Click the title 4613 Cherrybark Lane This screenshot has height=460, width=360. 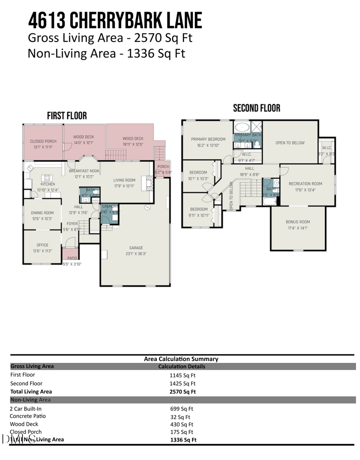115,21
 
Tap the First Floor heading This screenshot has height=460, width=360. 67,116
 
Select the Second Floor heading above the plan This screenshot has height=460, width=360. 256,108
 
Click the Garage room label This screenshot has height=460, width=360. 136,248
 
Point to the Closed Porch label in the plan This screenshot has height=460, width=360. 43,141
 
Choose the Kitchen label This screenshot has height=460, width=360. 48,184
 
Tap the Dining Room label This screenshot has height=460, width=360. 42,213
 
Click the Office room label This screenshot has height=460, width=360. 42,245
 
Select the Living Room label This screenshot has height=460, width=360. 124,180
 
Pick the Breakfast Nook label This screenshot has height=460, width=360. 84,171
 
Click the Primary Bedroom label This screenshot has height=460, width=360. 208,139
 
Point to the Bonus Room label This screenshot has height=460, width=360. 298,222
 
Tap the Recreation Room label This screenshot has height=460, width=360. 305,184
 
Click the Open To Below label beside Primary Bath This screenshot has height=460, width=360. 290,143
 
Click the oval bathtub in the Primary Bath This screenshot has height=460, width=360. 242,127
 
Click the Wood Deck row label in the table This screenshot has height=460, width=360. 24,424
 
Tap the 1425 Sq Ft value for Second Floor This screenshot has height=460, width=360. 182,384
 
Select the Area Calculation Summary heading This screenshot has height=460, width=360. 181,359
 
